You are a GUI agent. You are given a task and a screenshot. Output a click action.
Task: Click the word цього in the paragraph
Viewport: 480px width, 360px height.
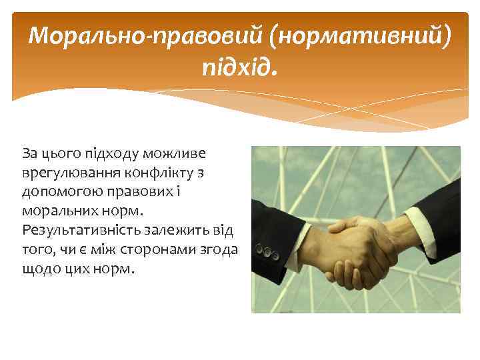click(x=59, y=153)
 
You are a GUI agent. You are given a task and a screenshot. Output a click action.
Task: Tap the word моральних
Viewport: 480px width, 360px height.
click(x=59, y=212)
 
